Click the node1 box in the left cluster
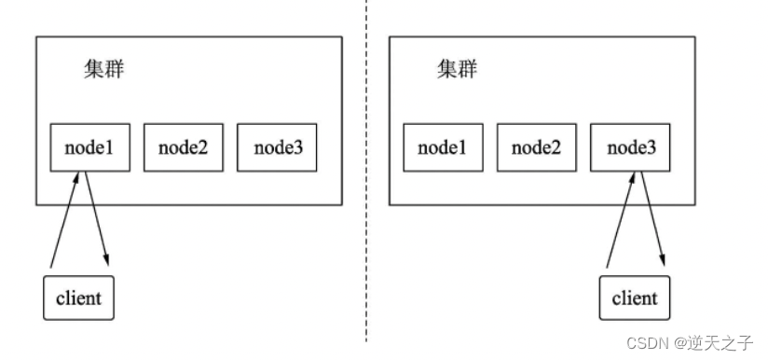89,147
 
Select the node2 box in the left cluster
183,147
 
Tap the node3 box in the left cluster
276,147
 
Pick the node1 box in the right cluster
442,147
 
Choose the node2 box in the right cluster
535,147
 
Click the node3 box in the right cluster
629,147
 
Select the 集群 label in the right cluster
456,71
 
